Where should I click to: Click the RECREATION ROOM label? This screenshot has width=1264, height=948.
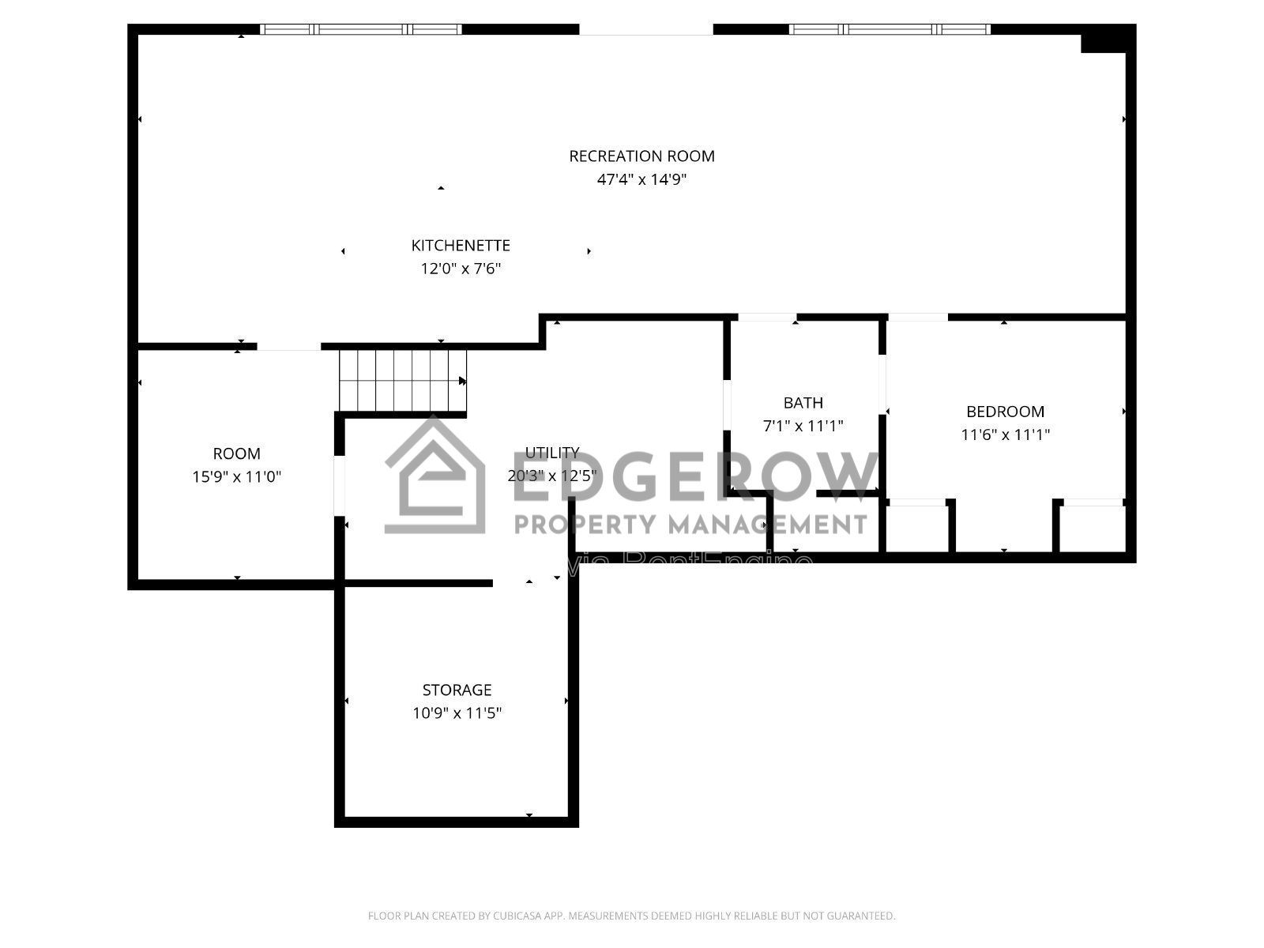click(x=641, y=156)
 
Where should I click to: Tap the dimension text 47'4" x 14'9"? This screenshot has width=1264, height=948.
click(x=641, y=179)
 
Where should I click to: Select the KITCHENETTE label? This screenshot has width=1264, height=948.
click(x=461, y=246)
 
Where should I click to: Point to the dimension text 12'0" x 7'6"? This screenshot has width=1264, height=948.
click(x=461, y=269)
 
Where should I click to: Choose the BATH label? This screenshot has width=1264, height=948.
click(x=803, y=403)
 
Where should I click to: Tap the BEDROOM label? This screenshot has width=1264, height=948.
click(x=1005, y=412)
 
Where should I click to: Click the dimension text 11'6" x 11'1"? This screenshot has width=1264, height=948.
click(x=1005, y=434)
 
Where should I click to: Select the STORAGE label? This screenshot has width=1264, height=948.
click(x=457, y=690)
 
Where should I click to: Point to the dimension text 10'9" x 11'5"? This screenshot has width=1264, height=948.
click(x=457, y=713)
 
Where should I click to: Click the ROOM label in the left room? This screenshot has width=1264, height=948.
click(x=236, y=454)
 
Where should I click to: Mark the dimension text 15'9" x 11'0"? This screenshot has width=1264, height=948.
click(x=236, y=477)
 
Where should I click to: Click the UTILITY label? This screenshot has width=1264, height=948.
click(x=552, y=453)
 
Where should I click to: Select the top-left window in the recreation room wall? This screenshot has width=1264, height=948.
click(x=361, y=29)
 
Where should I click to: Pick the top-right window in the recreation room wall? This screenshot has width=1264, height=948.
click(x=890, y=29)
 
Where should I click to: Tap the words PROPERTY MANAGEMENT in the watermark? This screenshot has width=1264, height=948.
click(x=691, y=524)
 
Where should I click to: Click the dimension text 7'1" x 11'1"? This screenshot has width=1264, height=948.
click(x=803, y=427)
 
